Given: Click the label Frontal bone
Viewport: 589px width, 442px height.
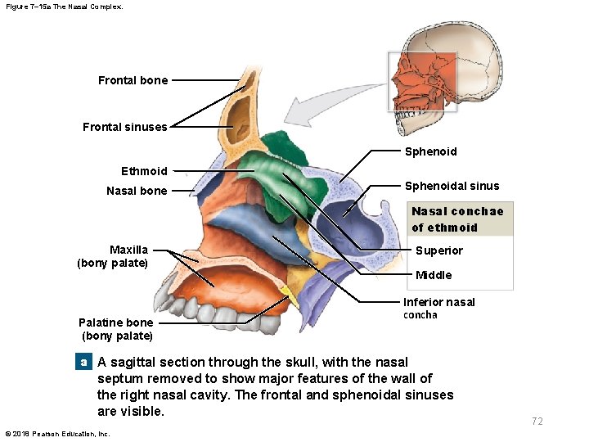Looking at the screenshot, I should [x=133, y=80].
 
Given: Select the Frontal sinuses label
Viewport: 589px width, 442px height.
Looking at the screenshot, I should [x=124, y=127].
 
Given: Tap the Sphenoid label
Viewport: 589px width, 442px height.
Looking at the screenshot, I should [x=430, y=151].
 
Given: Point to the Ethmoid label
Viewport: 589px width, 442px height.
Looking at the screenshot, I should [x=144, y=171].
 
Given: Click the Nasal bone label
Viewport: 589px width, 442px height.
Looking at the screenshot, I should [x=137, y=191].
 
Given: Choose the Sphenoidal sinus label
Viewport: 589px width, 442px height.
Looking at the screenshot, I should [x=452, y=186].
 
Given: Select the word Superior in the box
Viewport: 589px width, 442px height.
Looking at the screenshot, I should [x=438, y=250].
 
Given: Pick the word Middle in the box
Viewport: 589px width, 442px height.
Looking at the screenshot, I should [x=434, y=275].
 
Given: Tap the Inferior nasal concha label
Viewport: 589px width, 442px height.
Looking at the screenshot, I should [x=438, y=308].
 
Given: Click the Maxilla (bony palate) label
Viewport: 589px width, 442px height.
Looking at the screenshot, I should [x=113, y=255].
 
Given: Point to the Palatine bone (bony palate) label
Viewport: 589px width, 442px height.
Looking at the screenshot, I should [x=116, y=328].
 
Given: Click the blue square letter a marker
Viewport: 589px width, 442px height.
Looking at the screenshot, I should [x=83, y=362].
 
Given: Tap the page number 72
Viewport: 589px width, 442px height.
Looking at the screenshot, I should [x=537, y=422].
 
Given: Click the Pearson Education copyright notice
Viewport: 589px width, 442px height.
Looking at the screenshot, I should [x=57, y=433].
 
